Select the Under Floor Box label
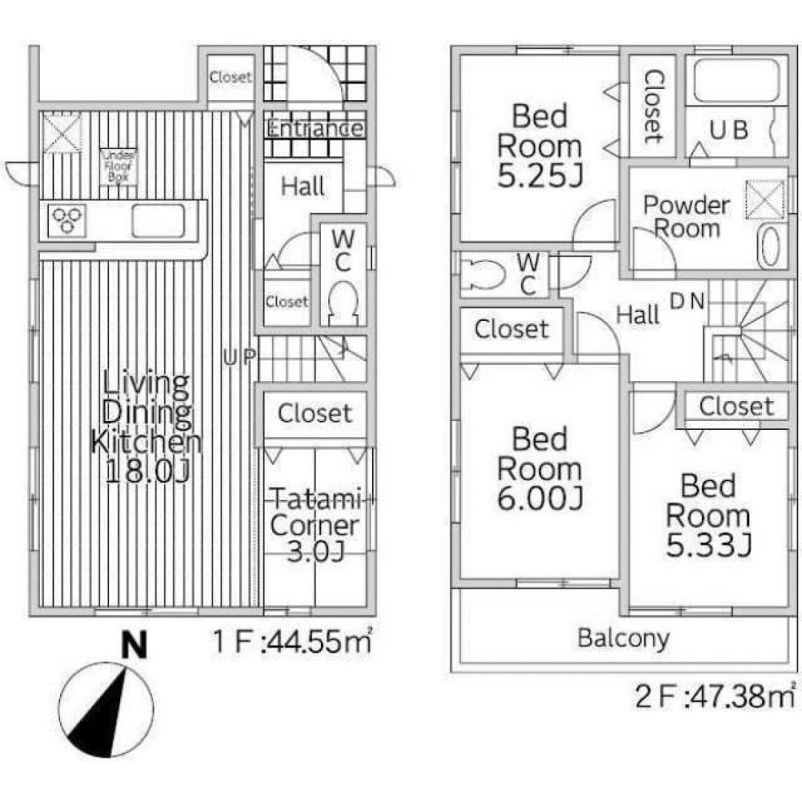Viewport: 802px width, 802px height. pyautogui.click(x=118, y=168)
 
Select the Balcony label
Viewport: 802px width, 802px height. pyautogui.click(x=623, y=639)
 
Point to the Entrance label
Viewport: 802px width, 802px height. pyautogui.click(x=314, y=128)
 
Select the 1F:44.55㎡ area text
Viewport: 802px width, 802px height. pyautogui.click(x=292, y=642)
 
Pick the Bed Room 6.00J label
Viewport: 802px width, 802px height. pyautogui.click(x=539, y=469)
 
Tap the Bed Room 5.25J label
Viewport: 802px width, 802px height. pyautogui.click(x=539, y=146)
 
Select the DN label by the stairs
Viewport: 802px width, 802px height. pyautogui.click(x=688, y=302)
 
